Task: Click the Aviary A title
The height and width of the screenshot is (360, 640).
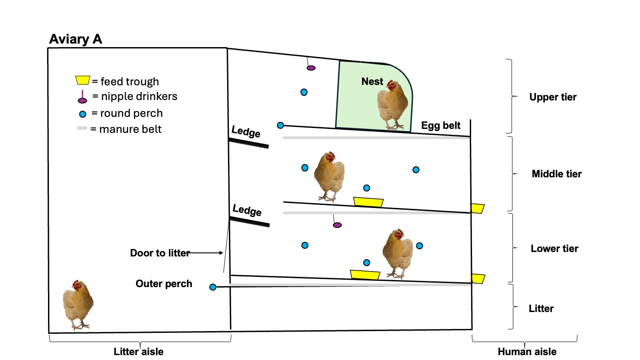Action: point(76,39)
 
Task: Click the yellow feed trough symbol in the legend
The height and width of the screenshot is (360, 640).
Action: point(82,81)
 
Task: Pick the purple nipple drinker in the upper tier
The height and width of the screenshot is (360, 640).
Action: point(311,68)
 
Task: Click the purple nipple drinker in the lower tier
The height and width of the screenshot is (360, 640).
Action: point(337,225)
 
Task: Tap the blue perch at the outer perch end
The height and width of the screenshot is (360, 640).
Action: point(212,287)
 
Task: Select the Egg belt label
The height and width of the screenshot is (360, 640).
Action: point(441,125)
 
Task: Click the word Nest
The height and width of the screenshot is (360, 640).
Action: point(372,81)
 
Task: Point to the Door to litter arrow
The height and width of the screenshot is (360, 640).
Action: point(207,253)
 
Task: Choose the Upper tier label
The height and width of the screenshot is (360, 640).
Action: point(552,97)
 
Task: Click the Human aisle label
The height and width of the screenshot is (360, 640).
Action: point(527,352)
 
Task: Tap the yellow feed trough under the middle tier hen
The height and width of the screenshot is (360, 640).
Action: point(368,202)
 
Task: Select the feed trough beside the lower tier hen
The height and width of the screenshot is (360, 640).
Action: point(365,275)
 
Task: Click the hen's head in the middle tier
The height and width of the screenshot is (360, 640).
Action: point(330,158)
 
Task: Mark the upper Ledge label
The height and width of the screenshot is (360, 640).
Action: point(246,132)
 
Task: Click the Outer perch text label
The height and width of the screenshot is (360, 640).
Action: point(164,284)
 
